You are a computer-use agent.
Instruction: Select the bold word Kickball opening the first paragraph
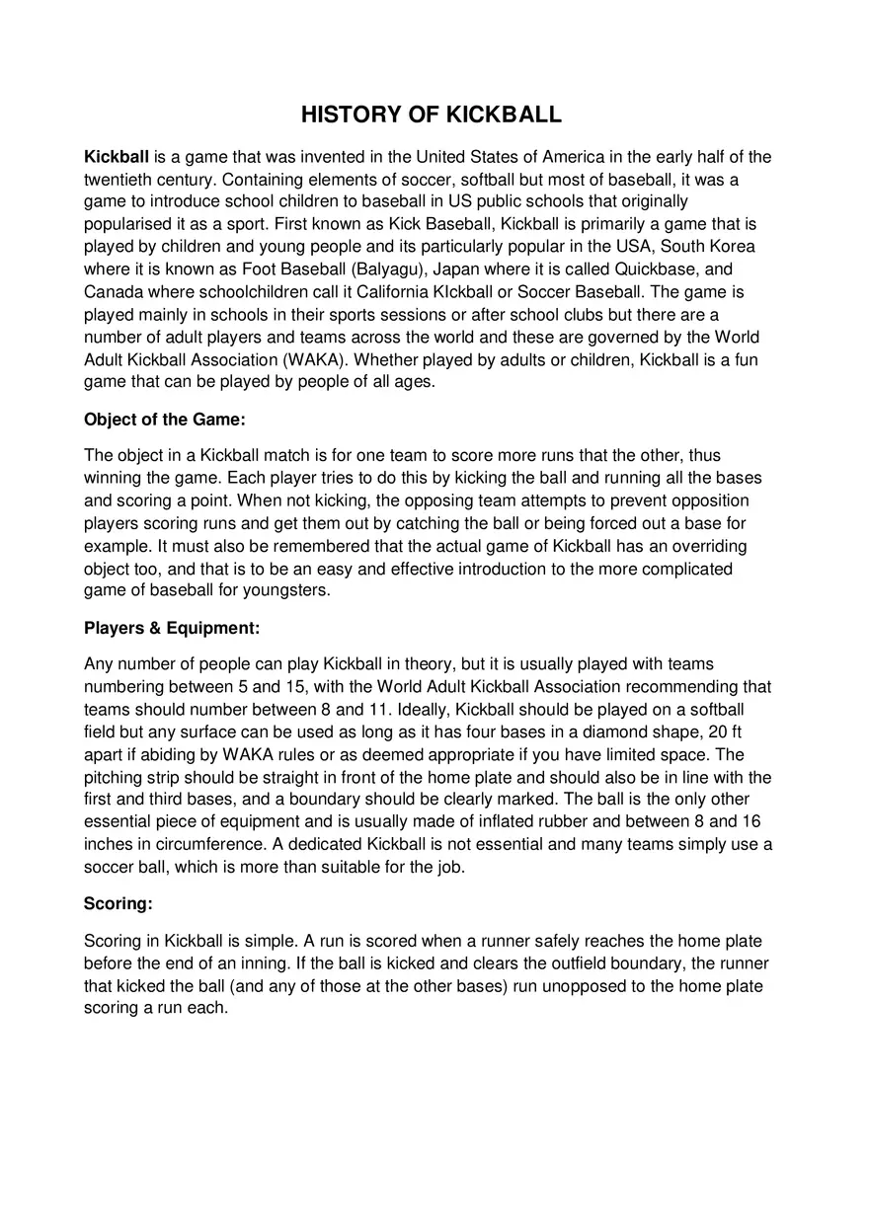[x=117, y=157]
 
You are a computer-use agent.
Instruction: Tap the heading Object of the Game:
[x=164, y=420]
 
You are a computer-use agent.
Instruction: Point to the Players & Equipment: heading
[x=172, y=628]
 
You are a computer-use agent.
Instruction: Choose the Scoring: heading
[x=118, y=903]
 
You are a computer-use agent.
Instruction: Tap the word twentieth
[x=118, y=180]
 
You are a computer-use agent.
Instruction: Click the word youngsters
[x=287, y=590]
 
